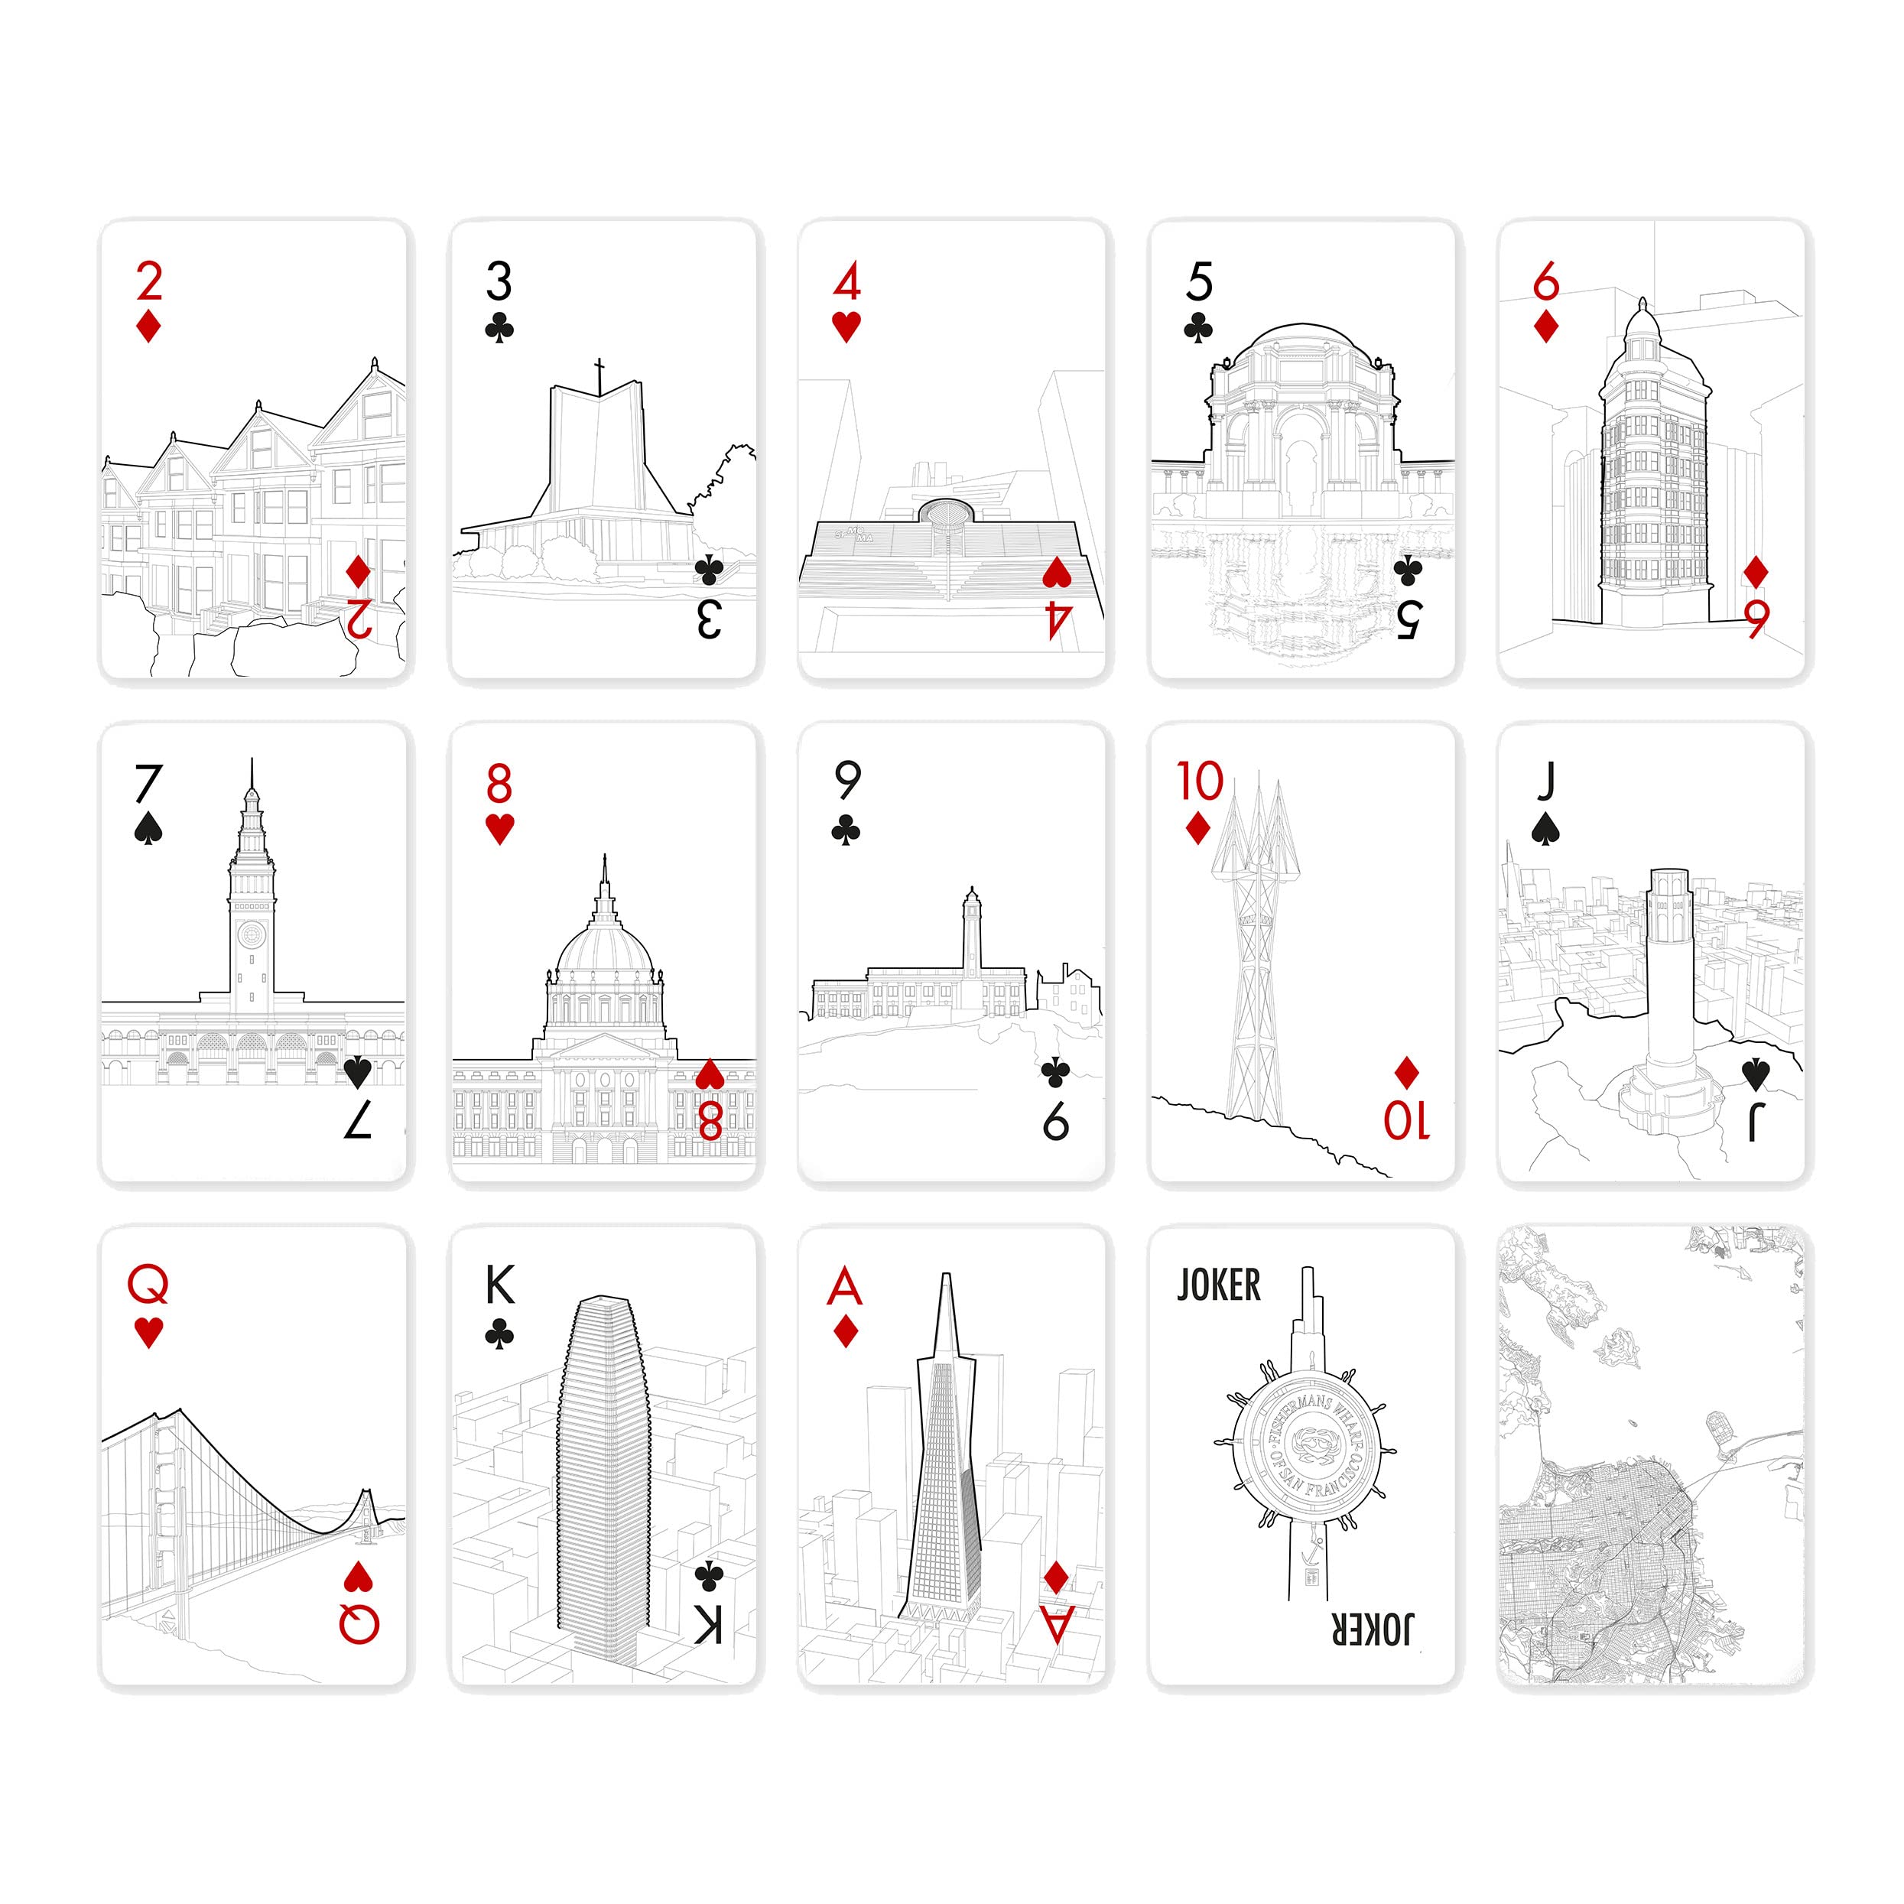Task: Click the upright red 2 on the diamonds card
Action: [x=149, y=282]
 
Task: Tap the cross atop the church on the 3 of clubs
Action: [x=599, y=375]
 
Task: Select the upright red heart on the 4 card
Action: [x=846, y=327]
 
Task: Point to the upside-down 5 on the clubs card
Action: [x=1409, y=619]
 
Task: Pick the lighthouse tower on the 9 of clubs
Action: [x=972, y=931]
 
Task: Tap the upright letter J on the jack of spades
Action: [x=1545, y=781]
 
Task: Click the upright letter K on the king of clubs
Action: [x=499, y=1285]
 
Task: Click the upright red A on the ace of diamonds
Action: [x=846, y=1286]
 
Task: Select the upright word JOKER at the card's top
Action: [x=1219, y=1285]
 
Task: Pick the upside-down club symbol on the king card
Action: [x=709, y=1576]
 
